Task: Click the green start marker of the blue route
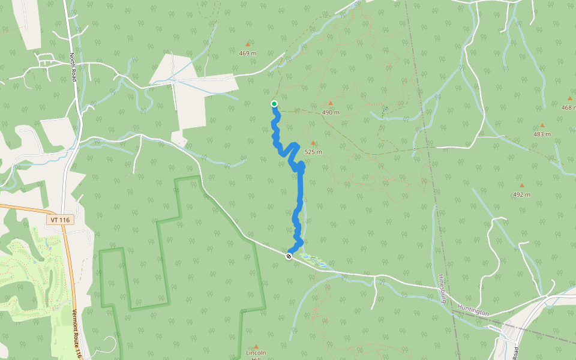click(274, 104)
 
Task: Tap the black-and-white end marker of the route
click(289, 256)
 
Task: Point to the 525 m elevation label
click(313, 152)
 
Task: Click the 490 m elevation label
click(331, 112)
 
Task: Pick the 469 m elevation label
click(248, 53)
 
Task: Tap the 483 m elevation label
click(542, 134)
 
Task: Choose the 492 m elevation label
click(521, 194)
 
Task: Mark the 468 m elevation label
click(568, 107)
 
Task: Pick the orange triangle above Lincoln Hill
click(256, 346)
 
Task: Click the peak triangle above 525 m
click(313, 143)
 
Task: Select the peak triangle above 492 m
click(521, 185)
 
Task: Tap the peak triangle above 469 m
click(247, 44)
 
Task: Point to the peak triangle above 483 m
click(542, 125)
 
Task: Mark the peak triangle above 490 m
click(330, 103)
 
